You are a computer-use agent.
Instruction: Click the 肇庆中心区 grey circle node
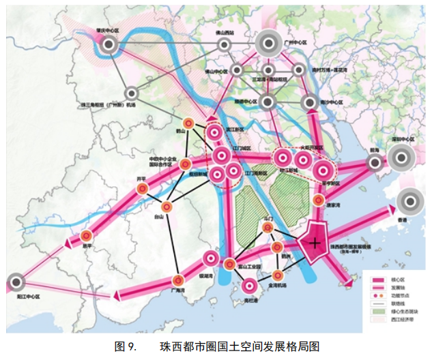pyautogui.click(x=109, y=45)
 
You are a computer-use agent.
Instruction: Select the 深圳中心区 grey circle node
pyautogui.click(x=400, y=159)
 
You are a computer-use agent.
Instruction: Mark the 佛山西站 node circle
pyautogui.click(x=224, y=44)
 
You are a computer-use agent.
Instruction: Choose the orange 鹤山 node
pyautogui.click(x=192, y=123)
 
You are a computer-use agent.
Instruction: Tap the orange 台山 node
pyautogui.click(x=166, y=207)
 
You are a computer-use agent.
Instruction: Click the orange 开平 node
pyautogui.click(x=142, y=189)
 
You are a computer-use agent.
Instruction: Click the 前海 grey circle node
pyautogui.click(x=374, y=162)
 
